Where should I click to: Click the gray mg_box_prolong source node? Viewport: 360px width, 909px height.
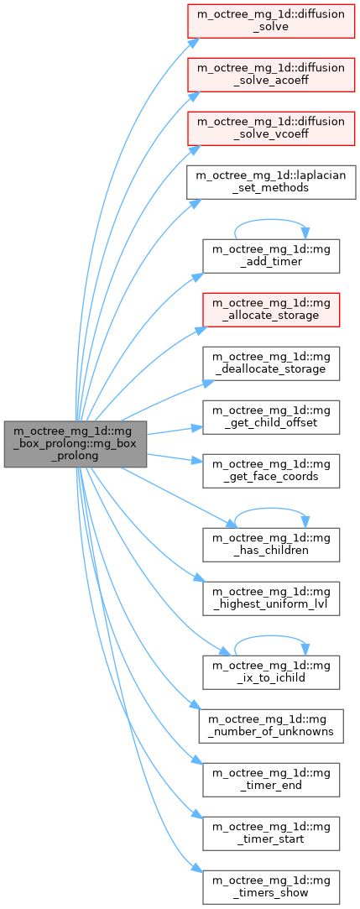76,444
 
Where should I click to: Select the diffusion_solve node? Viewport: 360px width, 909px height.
271,20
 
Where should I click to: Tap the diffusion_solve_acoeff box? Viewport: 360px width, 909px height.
271,74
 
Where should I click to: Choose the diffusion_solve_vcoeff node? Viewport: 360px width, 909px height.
271,128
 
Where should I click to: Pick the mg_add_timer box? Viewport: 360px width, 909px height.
271,256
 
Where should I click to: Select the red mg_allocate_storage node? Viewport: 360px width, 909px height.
271,311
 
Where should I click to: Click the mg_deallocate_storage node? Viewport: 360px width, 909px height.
271,363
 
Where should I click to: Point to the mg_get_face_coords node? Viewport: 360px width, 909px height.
271,472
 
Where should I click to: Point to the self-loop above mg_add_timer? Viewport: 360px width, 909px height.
271,220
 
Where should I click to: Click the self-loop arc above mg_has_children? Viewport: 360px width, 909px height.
271,509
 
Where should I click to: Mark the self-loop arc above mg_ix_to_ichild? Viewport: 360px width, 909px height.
271,636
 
